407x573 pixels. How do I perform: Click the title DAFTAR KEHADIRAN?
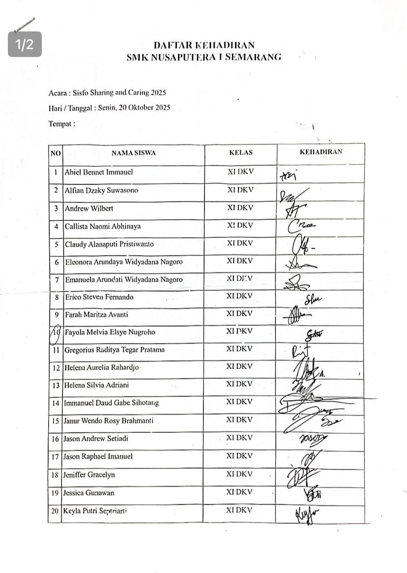[x=203, y=46]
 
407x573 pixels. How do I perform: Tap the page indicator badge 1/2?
[x=25, y=45]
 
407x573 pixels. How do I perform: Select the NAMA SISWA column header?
[x=133, y=153]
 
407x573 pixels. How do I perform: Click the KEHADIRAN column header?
[x=321, y=152]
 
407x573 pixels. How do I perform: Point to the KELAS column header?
[x=240, y=152]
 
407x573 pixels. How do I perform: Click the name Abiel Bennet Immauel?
[x=99, y=173]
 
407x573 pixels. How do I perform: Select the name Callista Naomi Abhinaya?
[x=103, y=226]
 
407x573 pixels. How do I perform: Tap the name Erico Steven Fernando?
[x=99, y=297]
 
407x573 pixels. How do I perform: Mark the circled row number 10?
[x=57, y=332]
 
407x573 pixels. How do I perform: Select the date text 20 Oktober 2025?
[x=148, y=108]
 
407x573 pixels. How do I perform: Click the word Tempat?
[x=60, y=124]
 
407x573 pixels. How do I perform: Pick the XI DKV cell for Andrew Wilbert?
[x=240, y=208]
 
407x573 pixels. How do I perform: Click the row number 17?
[x=55, y=457]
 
